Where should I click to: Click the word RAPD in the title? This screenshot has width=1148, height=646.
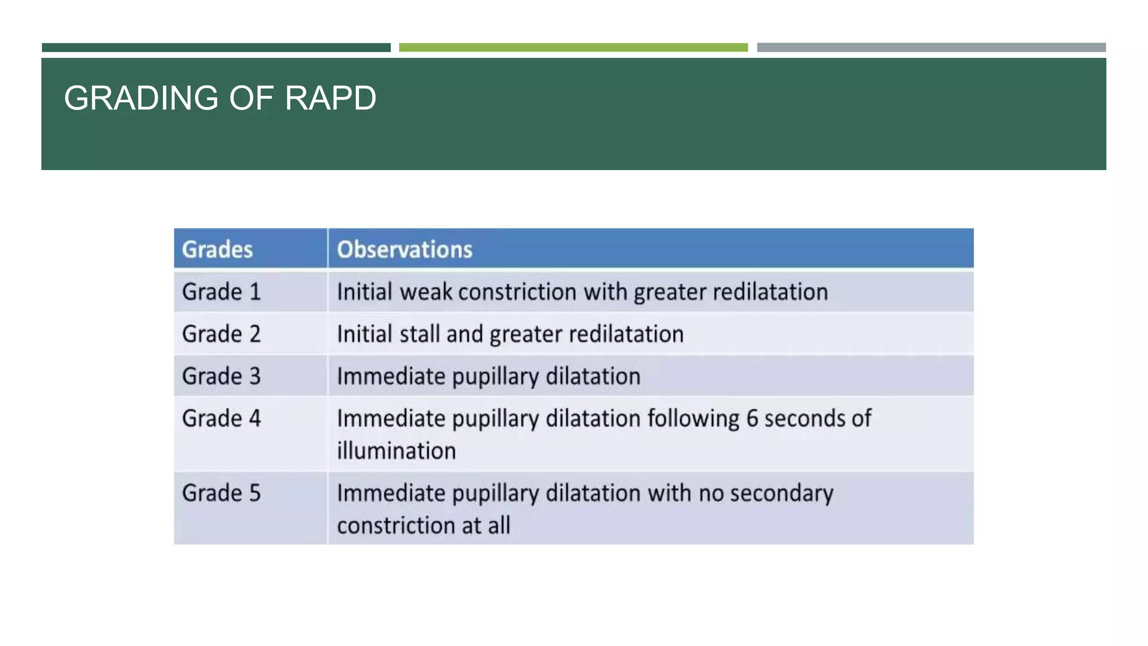click(x=330, y=98)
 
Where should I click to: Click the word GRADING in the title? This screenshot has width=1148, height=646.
click(x=141, y=98)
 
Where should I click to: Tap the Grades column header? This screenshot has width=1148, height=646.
click(x=217, y=250)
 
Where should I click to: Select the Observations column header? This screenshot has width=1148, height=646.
click(x=405, y=250)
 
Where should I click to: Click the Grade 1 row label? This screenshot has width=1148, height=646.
click(x=221, y=292)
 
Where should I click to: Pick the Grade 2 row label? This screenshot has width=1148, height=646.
click(x=221, y=334)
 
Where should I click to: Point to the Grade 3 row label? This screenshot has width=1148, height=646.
click(x=221, y=376)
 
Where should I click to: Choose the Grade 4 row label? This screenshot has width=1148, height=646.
click(x=221, y=418)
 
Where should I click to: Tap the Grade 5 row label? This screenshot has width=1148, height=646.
click(x=221, y=493)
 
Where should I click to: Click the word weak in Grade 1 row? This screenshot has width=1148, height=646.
click(x=425, y=292)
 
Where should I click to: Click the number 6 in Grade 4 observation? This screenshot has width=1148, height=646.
click(x=752, y=419)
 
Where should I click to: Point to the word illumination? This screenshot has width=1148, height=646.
click(x=396, y=451)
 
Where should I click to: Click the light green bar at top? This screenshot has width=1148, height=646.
click(x=573, y=48)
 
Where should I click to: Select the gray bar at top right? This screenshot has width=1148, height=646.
click(x=931, y=48)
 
